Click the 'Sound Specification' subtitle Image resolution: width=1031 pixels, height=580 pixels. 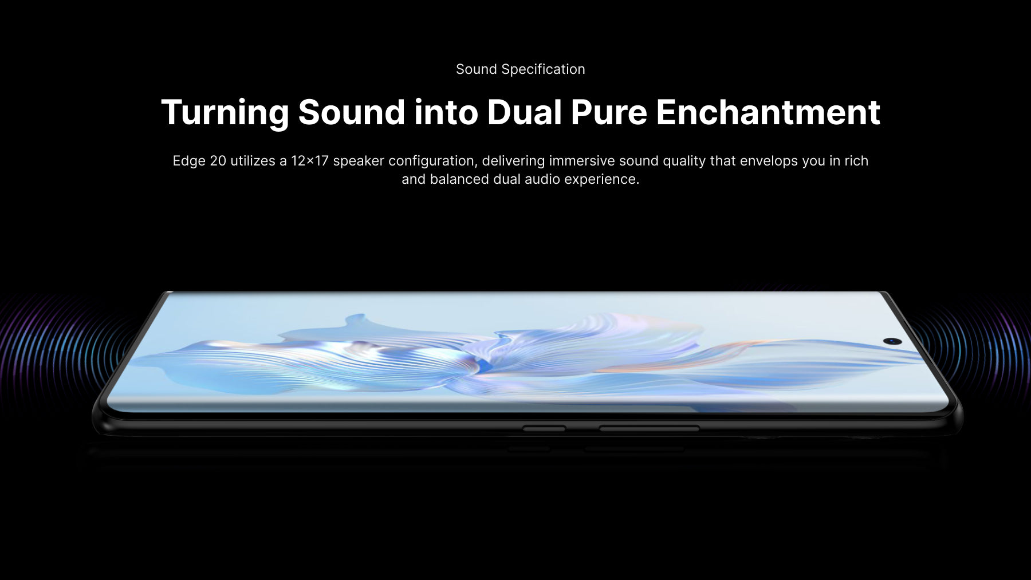pos(520,69)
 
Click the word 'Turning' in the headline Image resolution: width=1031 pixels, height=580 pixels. pos(225,113)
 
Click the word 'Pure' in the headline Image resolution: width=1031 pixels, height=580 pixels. pos(609,112)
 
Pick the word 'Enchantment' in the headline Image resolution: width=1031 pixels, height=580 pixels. pos(768,112)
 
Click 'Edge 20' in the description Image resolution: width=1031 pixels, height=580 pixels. pos(199,161)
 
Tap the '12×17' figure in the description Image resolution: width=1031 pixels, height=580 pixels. pos(310,161)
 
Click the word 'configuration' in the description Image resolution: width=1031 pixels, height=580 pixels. pos(431,161)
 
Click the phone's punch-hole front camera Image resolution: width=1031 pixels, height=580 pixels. pos(892,341)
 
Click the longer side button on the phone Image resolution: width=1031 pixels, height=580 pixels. pos(649,428)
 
